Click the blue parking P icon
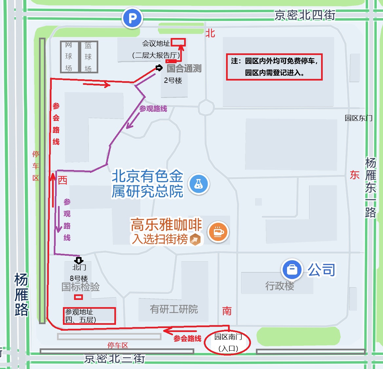pos(132,18)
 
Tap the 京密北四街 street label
pos(305,15)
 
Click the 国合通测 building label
pos(184,68)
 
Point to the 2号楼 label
pos(173,81)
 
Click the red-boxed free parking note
pos(274,67)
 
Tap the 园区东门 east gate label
pos(358,118)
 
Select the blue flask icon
pos(199,184)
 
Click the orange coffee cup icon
pos(218,232)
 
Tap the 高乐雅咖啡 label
pos(166,225)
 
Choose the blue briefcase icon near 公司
pos(292,269)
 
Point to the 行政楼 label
pos(279,286)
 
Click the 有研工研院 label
pos(174,309)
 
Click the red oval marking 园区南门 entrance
pos(227,342)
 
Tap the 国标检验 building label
pos(81,287)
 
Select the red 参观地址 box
pos(89,316)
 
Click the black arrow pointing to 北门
pos(79,261)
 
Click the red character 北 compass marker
pos(210,33)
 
